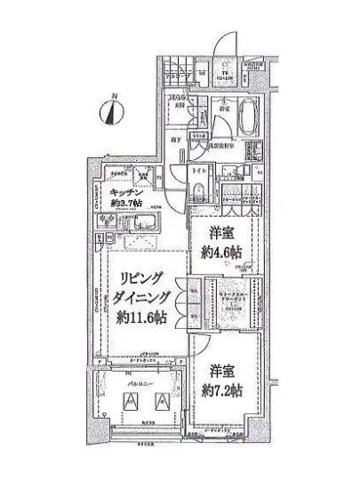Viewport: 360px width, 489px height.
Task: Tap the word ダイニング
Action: (x=146, y=298)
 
